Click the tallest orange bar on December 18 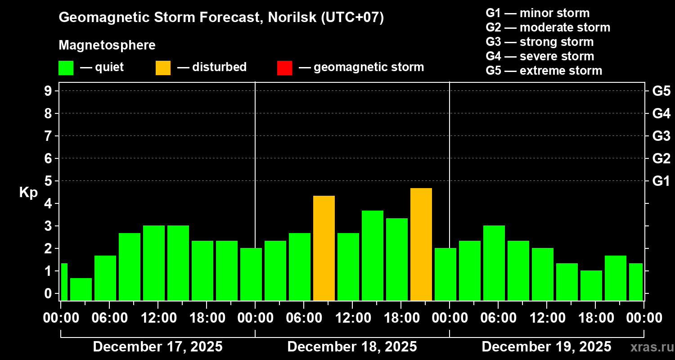click(x=421, y=244)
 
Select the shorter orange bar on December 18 click(x=324, y=248)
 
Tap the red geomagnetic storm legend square click(x=284, y=67)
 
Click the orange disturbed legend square click(x=163, y=67)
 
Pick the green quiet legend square click(x=66, y=67)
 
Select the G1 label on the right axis click(x=661, y=181)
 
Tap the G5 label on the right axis click(x=661, y=91)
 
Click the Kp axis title click(x=28, y=193)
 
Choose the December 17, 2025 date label click(x=157, y=347)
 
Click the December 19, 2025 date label click(x=546, y=347)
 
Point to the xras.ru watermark click(x=650, y=347)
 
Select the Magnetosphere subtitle click(x=107, y=45)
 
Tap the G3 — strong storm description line click(x=540, y=42)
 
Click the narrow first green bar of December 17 click(x=64, y=282)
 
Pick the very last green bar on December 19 click(x=635, y=282)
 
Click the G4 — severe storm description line click(x=540, y=56)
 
